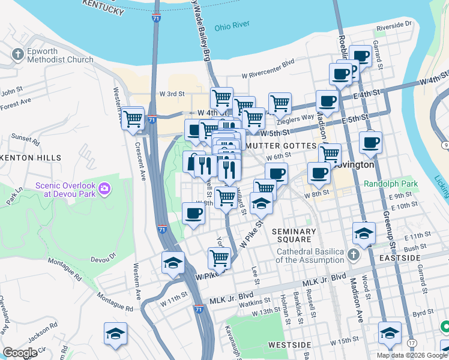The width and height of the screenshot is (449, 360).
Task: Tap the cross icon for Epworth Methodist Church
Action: tap(17, 55)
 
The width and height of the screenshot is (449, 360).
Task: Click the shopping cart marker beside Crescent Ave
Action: tap(133, 118)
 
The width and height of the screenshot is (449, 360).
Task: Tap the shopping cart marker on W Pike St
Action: tap(219, 259)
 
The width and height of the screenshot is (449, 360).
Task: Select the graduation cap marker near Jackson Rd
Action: tap(115, 334)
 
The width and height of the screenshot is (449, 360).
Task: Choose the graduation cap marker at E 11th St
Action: tap(364, 233)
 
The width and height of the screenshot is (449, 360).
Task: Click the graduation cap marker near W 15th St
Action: tap(390, 333)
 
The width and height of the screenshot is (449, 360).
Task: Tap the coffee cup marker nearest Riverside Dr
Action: tap(361, 56)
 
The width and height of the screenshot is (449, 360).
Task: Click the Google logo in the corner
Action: tap(20, 353)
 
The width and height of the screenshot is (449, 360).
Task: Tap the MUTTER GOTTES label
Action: tap(280, 146)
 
